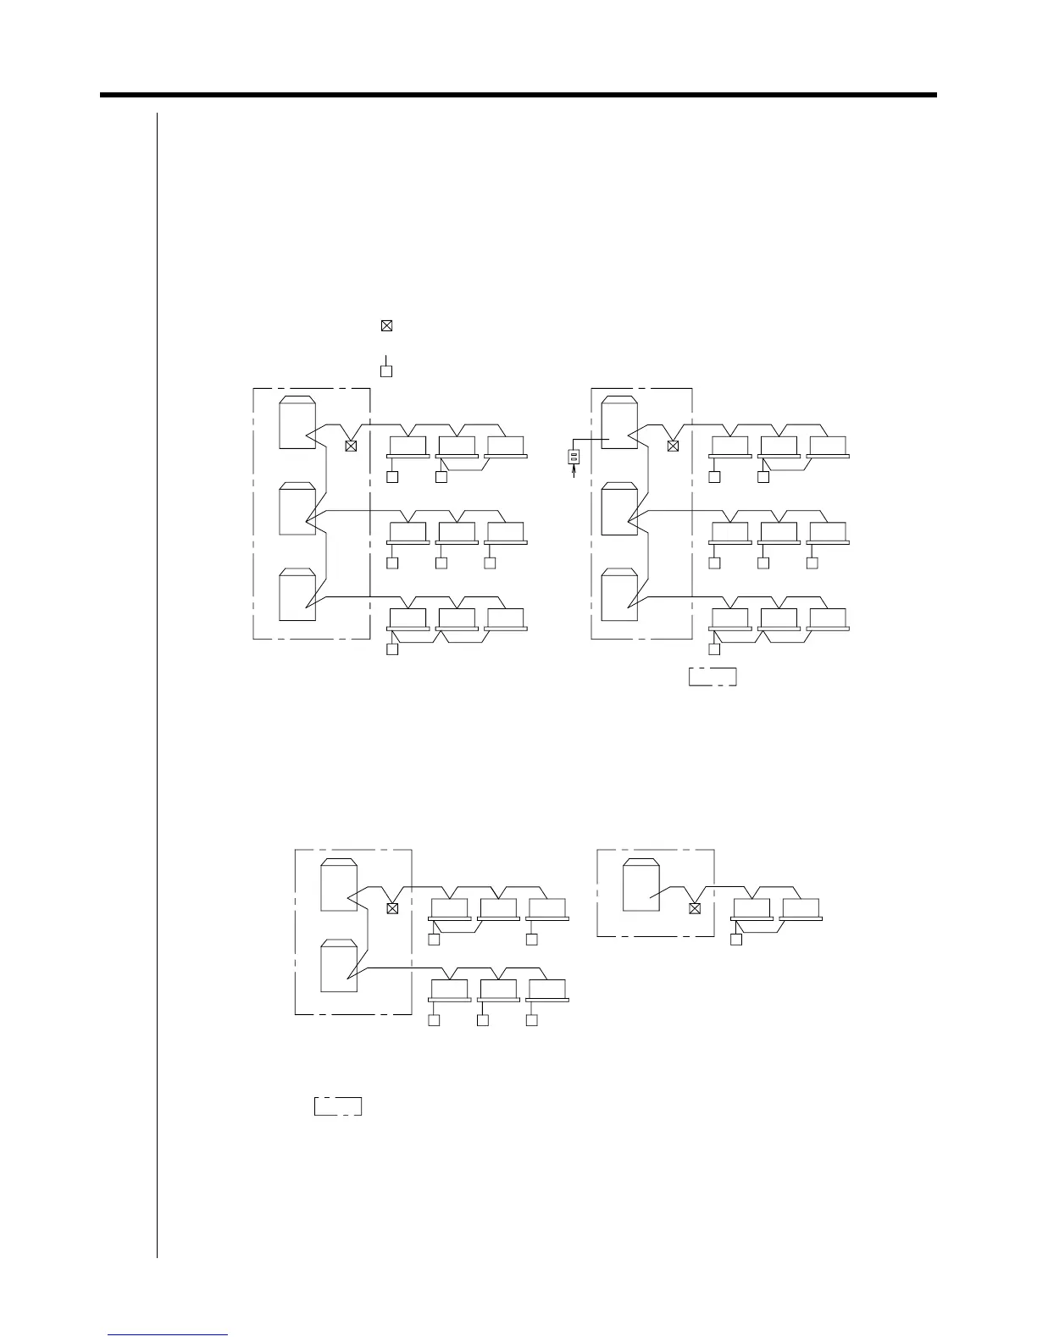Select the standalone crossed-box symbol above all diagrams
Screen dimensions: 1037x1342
(386, 325)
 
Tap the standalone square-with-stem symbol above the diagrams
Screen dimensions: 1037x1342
(386, 369)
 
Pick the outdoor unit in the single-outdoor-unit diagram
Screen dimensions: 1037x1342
(640, 884)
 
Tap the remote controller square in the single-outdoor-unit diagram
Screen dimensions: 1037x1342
(736, 940)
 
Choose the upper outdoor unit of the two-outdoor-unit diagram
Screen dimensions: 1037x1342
(339, 884)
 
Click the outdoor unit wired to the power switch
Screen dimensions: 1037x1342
(619, 423)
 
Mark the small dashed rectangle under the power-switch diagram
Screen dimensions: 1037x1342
(713, 677)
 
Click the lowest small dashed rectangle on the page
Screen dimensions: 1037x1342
(338, 1106)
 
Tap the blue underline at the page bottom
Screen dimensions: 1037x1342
(168, 1334)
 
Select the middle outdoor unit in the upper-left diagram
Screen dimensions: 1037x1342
(298, 508)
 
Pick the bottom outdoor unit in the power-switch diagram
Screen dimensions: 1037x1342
(619, 595)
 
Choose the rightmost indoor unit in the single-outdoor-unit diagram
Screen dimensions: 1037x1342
(801, 908)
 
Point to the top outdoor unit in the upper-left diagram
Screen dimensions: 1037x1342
(298, 422)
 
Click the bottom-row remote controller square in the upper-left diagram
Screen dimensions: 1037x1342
(392, 650)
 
